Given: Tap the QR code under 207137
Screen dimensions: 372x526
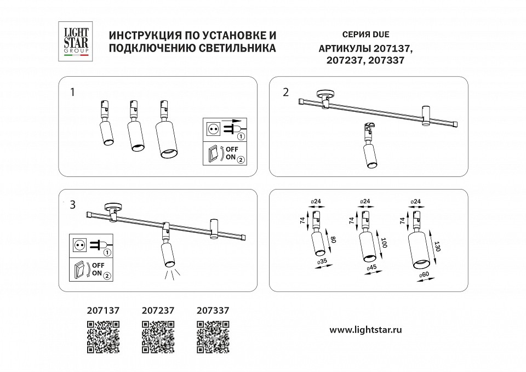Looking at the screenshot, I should tap(103, 336).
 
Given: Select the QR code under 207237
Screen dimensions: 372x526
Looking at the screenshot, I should tap(158, 336).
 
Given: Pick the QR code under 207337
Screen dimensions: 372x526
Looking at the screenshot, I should tap(212, 336).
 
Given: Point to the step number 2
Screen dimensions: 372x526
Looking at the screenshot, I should tap(285, 91).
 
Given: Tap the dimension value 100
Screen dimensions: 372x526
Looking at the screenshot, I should tap(385, 243).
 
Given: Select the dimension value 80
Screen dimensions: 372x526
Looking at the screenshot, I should tap(333, 241).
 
